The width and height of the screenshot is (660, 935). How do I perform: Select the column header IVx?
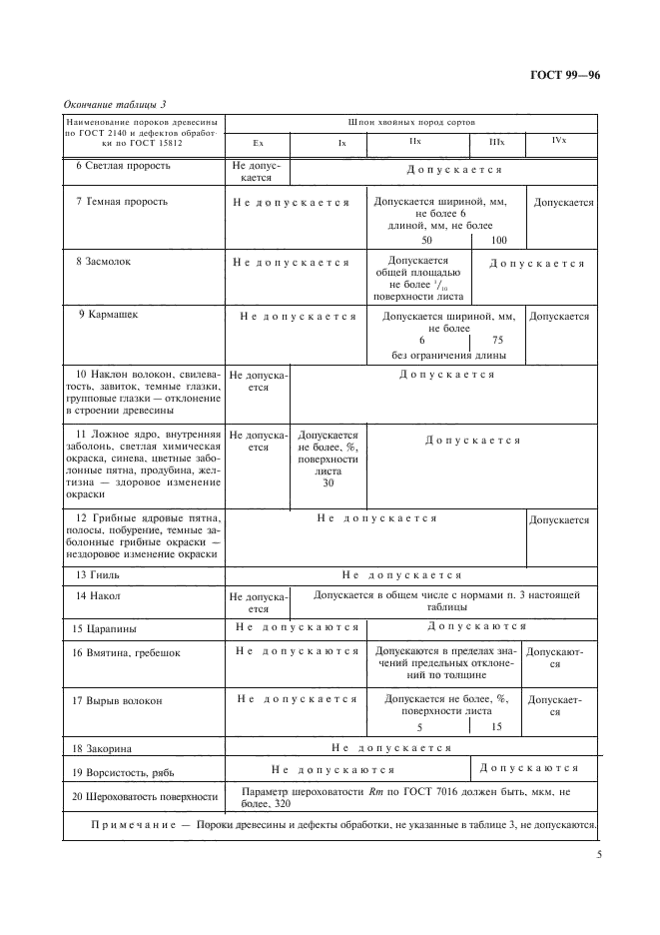(559, 141)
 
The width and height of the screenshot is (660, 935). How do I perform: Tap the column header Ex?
(258, 143)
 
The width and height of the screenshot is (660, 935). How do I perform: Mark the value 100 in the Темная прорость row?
(498, 241)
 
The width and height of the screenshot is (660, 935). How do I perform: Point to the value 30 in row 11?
(328, 483)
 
